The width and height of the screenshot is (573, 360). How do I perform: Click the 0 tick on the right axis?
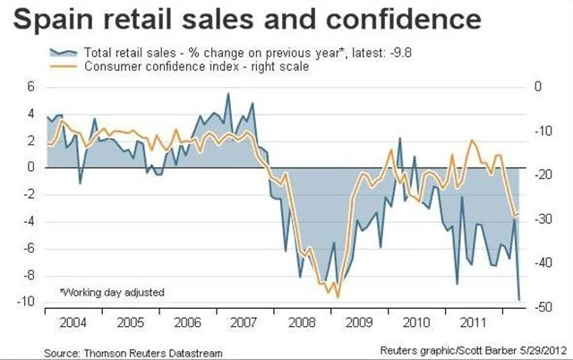pos(537,87)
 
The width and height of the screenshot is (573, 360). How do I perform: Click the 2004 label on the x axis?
pos(73,321)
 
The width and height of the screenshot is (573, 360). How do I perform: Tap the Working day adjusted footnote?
pos(112,292)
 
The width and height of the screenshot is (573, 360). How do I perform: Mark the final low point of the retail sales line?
pos(521,299)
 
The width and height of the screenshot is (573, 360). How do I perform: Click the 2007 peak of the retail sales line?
pos(227,94)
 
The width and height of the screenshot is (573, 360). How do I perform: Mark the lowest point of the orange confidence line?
pos(337,296)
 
